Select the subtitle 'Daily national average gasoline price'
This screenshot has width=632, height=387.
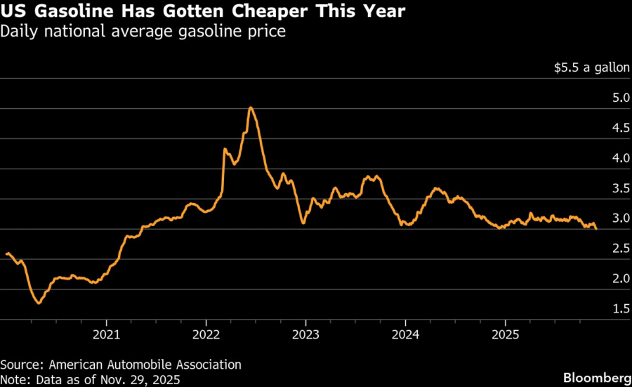(143, 32)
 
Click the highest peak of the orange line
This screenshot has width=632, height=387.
(251, 107)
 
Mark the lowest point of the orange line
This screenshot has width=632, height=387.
(39, 303)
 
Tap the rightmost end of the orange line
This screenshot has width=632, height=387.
(596, 228)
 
